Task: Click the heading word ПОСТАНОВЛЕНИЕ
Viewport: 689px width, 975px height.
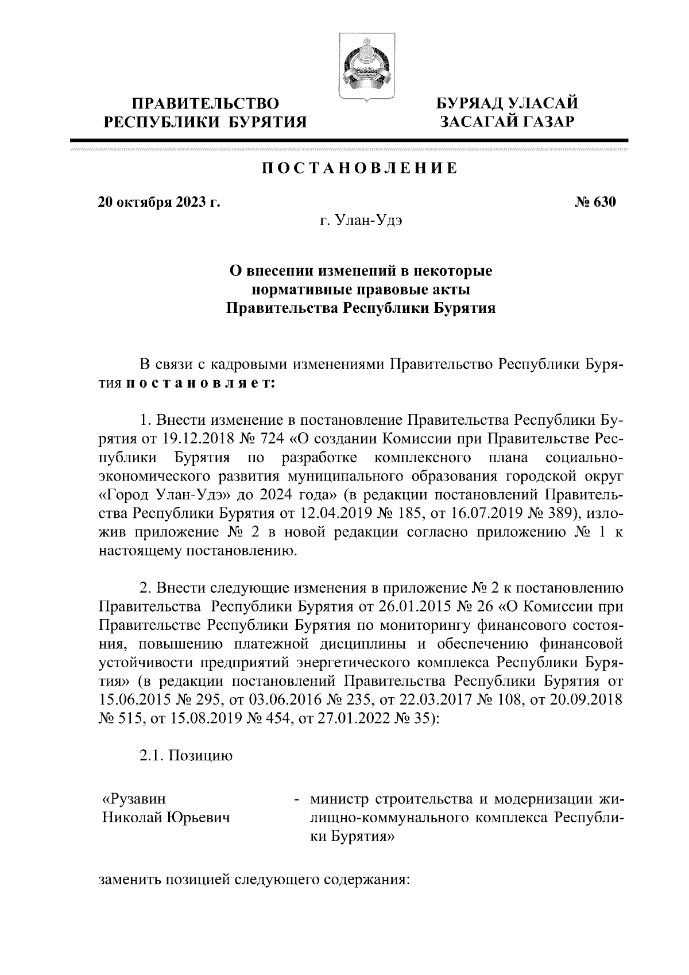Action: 360,168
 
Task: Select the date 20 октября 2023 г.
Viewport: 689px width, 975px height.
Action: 159,202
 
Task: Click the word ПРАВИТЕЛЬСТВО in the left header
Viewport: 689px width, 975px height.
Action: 206,104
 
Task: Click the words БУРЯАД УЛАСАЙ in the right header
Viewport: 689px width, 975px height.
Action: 506,103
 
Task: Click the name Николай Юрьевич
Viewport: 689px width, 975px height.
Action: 166,817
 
